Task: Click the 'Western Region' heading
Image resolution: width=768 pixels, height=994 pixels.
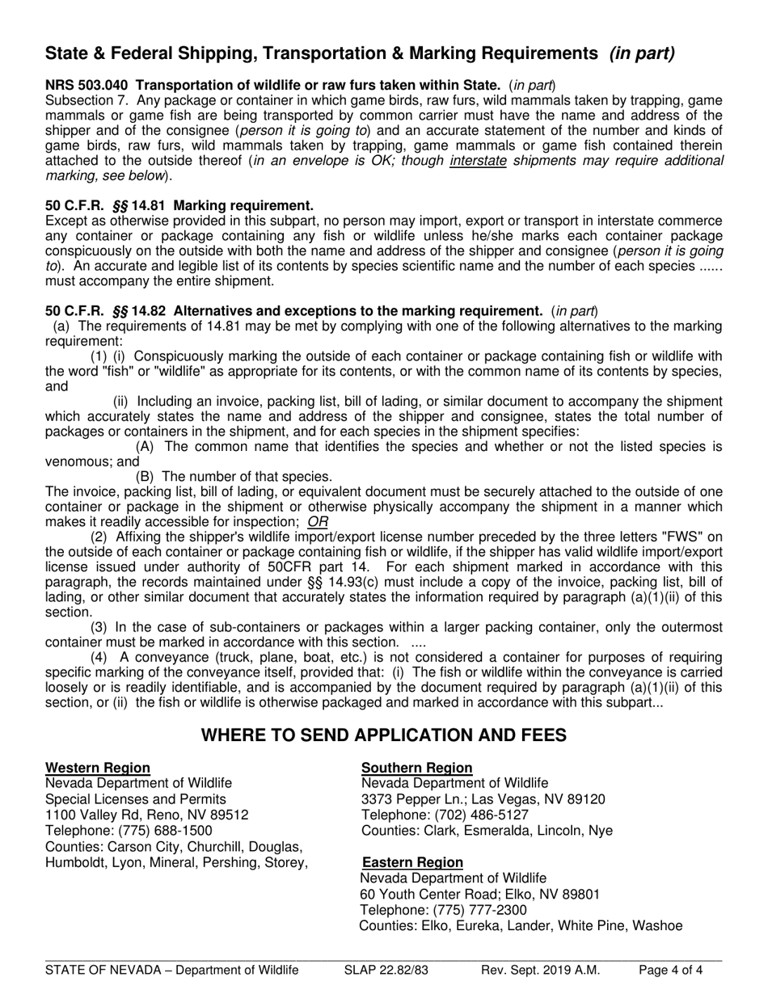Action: [x=98, y=768]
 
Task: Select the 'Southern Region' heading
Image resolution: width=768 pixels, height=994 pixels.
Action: [x=416, y=768]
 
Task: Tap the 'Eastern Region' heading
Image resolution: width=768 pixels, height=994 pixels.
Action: [x=412, y=862]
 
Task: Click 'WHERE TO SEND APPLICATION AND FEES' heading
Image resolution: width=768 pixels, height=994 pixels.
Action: [x=384, y=735]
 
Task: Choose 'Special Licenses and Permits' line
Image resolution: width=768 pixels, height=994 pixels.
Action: [x=136, y=799]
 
